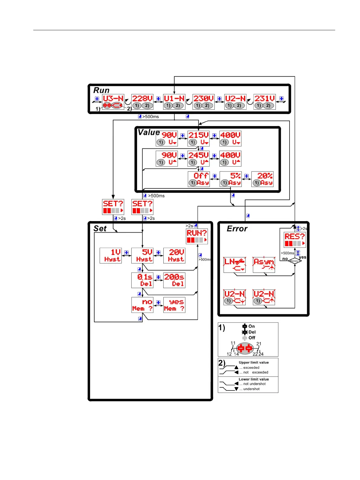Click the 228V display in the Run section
click(x=142, y=102)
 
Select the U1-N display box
click(x=174, y=102)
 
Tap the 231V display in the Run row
click(x=264, y=102)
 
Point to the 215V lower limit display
click(x=198, y=138)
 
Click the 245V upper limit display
click(x=198, y=158)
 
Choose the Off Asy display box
click(x=198, y=179)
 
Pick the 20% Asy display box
click(x=262, y=179)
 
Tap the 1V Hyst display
click(x=111, y=256)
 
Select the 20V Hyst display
click(x=174, y=256)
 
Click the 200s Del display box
click(x=174, y=280)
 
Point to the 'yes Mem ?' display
click(x=174, y=305)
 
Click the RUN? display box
click(x=197, y=236)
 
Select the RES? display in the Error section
click(x=295, y=240)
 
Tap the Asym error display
click(x=264, y=265)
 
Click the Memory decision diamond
click(x=295, y=261)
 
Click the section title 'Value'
click(x=149, y=132)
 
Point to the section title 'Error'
click(x=237, y=229)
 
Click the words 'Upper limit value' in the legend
click(x=254, y=362)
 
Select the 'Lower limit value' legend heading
click(x=254, y=379)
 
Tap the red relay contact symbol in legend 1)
click(x=245, y=349)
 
